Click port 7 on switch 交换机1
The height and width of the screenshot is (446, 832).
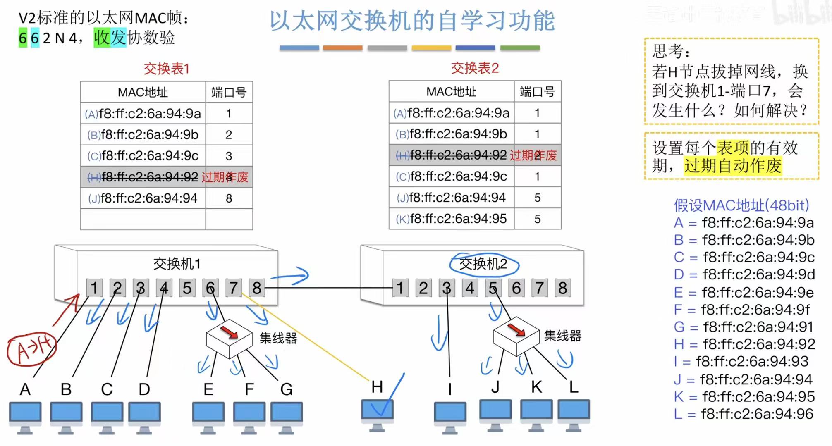[x=234, y=288]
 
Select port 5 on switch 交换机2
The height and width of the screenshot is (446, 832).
[x=493, y=288]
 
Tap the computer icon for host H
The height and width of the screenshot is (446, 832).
[x=377, y=413]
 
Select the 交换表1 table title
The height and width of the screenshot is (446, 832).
[x=166, y=69]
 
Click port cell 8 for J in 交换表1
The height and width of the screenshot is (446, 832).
[x=229, y=198]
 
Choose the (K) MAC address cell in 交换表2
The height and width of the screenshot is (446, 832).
[x=452, y=219]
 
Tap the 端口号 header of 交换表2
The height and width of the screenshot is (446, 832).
[x=537, y=91]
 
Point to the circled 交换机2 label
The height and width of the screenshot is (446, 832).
[x=483, y=264]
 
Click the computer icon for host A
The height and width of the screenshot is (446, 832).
[x=25, y=415]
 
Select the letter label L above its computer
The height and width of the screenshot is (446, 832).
[x=573, y=387]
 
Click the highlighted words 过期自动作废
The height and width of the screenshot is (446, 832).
[x=732, y=166]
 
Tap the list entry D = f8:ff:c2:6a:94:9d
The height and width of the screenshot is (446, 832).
[x=744, y=274]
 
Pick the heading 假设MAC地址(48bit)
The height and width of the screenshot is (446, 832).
[x=741, y=205]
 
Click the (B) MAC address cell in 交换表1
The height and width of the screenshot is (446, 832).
[x=143, y=134]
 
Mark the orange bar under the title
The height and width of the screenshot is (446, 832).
[x=342, y=48]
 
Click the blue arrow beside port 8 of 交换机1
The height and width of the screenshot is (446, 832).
[x=291, y=276]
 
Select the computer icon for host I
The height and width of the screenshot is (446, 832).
[x=450, y=415]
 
